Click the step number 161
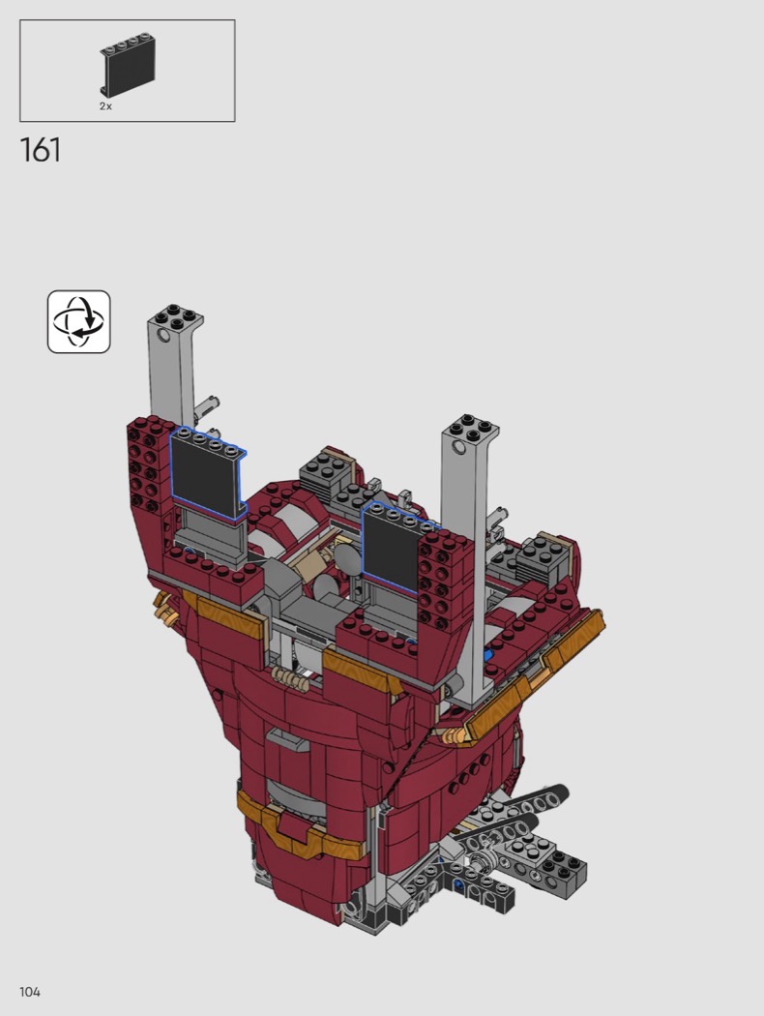[x=41, y=150]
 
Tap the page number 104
[x=30, y=992]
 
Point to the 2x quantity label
[x=105, y=106]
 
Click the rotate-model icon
[x=79, y=322]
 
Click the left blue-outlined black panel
[x=207, y=472]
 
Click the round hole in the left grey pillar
[x=162, y=336]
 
